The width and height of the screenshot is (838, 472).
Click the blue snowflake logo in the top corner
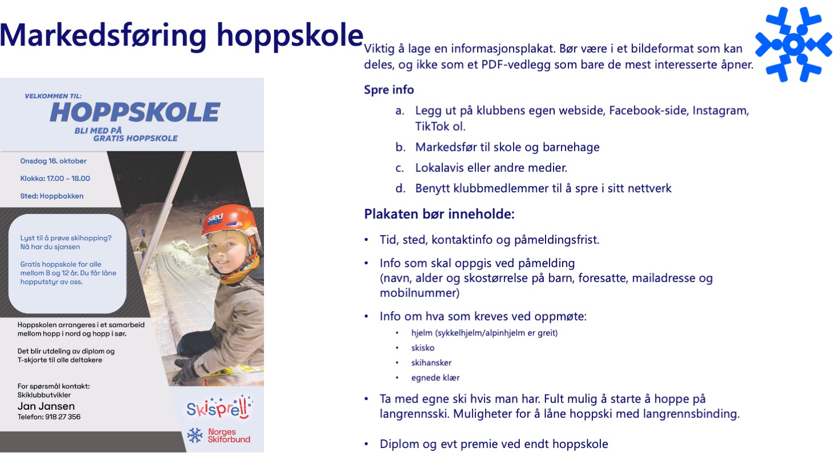pyautogui.click(x=794, y=44)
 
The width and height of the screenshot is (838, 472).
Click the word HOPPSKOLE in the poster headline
pyautogui.click(x=135, y=112)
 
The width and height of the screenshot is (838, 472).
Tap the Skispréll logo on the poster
pyautogui.click(x=219, y=408)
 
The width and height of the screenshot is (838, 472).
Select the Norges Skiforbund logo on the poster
pyautogui.click(x=219, y=435)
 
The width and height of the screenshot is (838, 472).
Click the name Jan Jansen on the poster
pyautogui.click(x=46, y=406)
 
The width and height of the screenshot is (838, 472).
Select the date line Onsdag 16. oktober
pyautogui.click(x=54, y=161)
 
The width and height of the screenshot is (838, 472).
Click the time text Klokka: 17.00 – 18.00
pyautogui.click(x=55, y=178)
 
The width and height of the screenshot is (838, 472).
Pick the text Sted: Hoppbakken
pyautogui.click(x=52, y=196)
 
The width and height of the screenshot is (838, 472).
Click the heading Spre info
pyautogui.click(x=389, y=90)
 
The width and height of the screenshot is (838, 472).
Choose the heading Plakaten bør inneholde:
pyautogui.click(x=439, y=214)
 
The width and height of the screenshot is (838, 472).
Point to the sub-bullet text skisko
pyautogui.click(x=422, y=348)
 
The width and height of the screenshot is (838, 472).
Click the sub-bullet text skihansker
pyautogui.click(x=431, y=362)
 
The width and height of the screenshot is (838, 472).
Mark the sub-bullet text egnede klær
pyautogui.click(x=435, y=377)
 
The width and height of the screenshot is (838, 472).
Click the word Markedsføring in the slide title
pyautogui.click(x=103, y=35)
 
